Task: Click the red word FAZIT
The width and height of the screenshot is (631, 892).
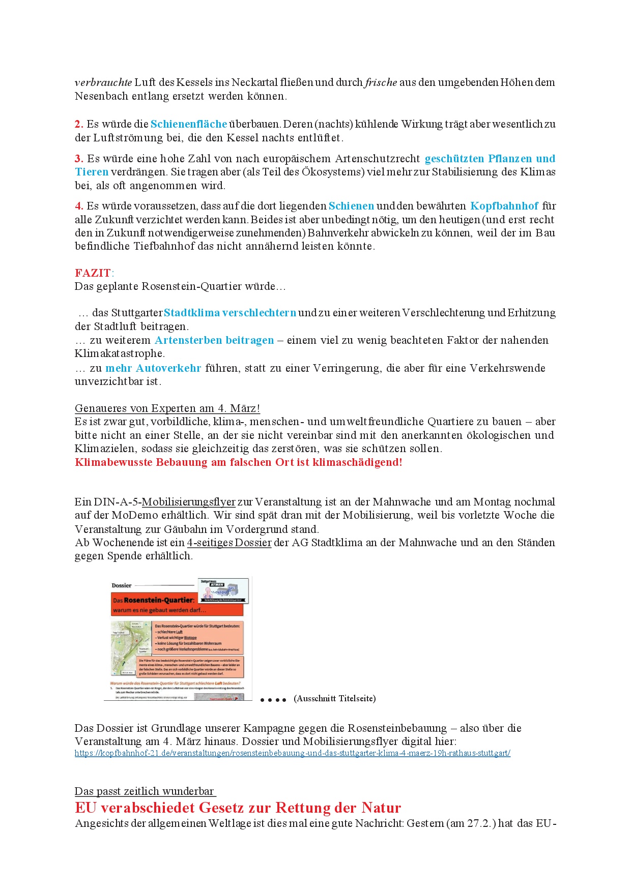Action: (93, 273)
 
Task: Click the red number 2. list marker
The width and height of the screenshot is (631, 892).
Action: (79, 124)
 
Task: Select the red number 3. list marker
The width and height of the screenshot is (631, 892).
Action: (79, 159)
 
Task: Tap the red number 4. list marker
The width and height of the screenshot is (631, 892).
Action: (79, 206)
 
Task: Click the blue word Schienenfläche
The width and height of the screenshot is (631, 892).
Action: (189, 124)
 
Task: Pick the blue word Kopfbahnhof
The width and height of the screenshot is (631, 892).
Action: (504, 206)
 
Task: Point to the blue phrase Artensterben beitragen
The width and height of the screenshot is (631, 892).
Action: (214, 340)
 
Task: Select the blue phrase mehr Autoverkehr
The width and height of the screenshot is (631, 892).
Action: (153, 368)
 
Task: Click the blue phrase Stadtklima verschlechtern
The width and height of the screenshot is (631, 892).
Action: (230, 313)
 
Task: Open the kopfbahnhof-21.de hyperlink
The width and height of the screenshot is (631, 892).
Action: (292, 753)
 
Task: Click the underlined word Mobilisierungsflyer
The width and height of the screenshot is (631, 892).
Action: (188, 502)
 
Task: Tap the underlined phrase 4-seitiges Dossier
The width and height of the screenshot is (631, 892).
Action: (229, 543)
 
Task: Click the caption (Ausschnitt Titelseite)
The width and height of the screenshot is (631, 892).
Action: (335, 699)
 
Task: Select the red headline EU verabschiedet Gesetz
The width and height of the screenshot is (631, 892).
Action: (238, 808)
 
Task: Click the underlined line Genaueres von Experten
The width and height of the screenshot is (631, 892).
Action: (167, 408)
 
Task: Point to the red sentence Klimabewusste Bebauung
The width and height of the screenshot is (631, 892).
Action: (238, 462)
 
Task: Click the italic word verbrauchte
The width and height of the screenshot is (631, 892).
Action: (103, 82)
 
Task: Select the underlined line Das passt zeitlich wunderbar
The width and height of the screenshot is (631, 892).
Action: (145, 791)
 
